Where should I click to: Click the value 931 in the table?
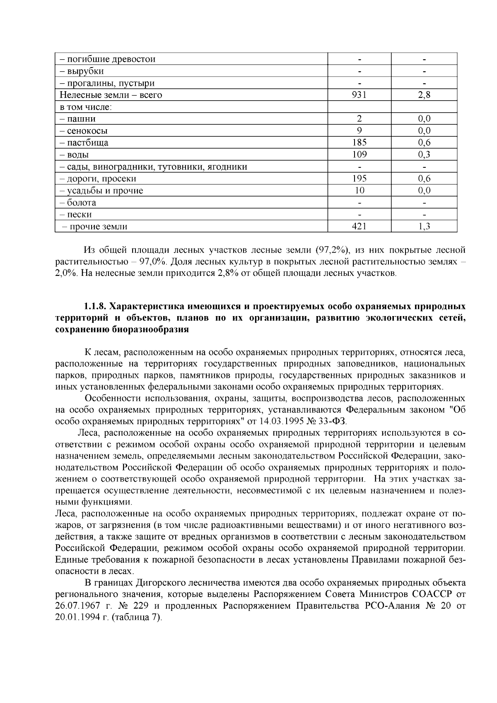359,95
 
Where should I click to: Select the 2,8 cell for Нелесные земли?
424,95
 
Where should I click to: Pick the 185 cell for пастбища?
359,143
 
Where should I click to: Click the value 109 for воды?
359,155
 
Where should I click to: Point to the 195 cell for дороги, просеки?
359,179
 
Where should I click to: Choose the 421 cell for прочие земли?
359,227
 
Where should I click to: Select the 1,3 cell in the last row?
424,227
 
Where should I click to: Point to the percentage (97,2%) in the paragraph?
333,250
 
